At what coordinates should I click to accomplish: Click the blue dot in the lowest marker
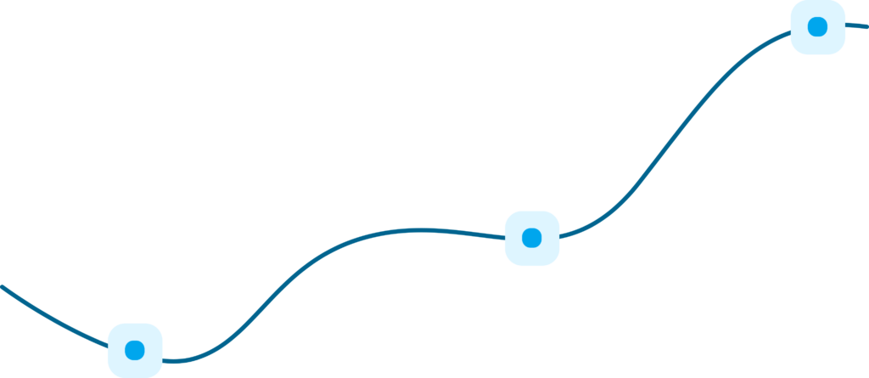(135, 350)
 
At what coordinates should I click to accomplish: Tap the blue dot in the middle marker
(532, 238)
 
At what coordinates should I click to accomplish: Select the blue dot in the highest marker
(818, 27)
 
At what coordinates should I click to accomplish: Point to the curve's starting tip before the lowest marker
(2, 286)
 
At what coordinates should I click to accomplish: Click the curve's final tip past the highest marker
(866, 27)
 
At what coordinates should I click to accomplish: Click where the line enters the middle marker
(505, 237)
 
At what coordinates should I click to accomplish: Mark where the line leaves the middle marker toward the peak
(560, 233)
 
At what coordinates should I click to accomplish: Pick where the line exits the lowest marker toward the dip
(163, 360)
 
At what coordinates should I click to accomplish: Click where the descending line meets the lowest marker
(108, 344)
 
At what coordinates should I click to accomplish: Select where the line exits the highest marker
(846, 25)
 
